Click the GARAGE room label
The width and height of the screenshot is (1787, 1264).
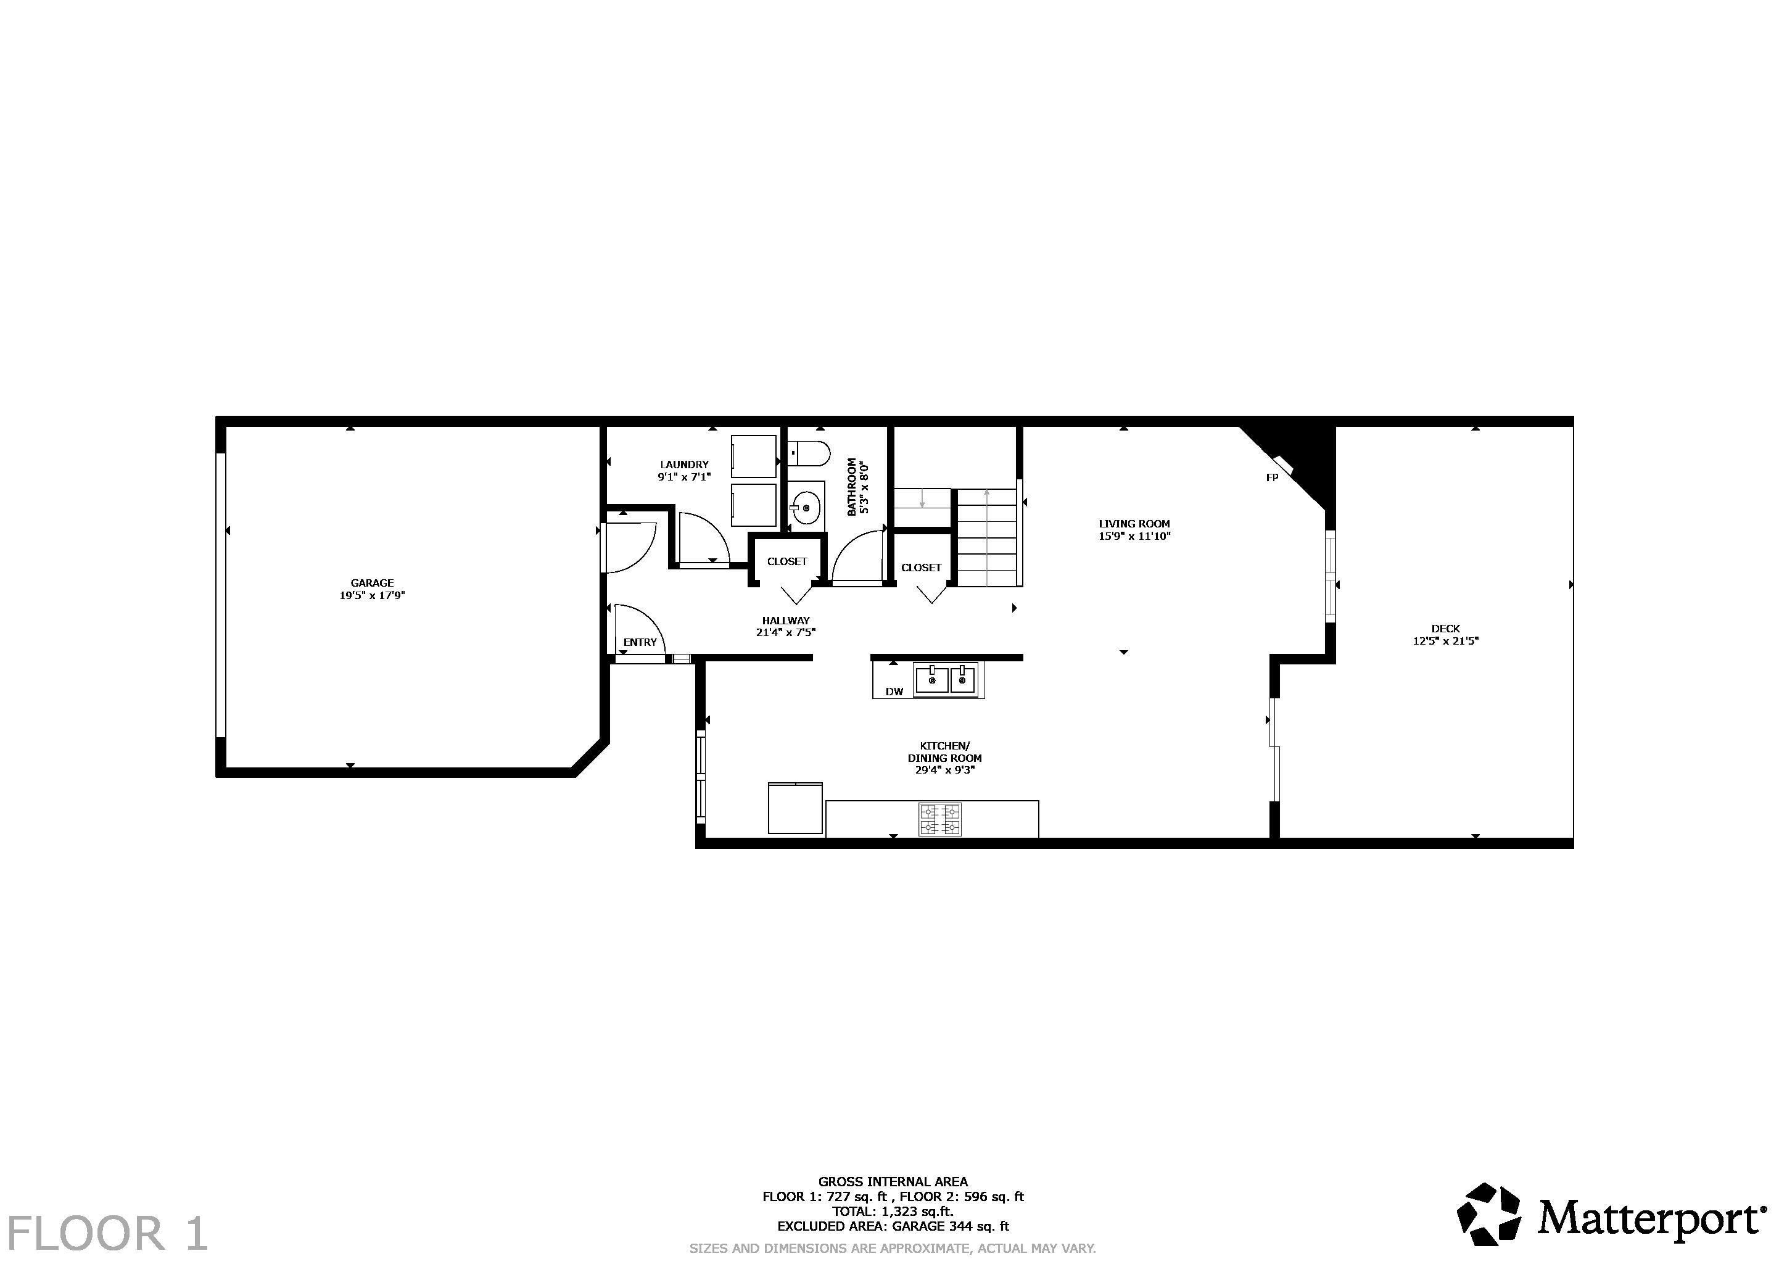point(372,582)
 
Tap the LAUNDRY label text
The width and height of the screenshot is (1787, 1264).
point(684,464)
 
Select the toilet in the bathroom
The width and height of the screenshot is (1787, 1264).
point(809,452)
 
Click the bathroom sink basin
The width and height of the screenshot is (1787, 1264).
point(806,508)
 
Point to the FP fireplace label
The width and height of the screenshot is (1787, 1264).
point(1272,477)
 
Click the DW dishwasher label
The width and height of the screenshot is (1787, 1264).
point(894,691)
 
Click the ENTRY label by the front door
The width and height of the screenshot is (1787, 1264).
point(640,642)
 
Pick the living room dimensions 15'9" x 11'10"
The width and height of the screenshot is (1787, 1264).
point(1134,536)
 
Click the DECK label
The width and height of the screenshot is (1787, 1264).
point(1445,628)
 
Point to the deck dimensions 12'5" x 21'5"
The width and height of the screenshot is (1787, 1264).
point(1445,642)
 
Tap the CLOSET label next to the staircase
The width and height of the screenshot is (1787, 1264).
point(921,568)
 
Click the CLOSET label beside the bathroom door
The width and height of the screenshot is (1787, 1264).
point(787,561)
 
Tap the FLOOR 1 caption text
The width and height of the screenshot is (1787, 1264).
point(107,1234)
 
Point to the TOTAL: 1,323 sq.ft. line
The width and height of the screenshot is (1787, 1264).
point(893,1211)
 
